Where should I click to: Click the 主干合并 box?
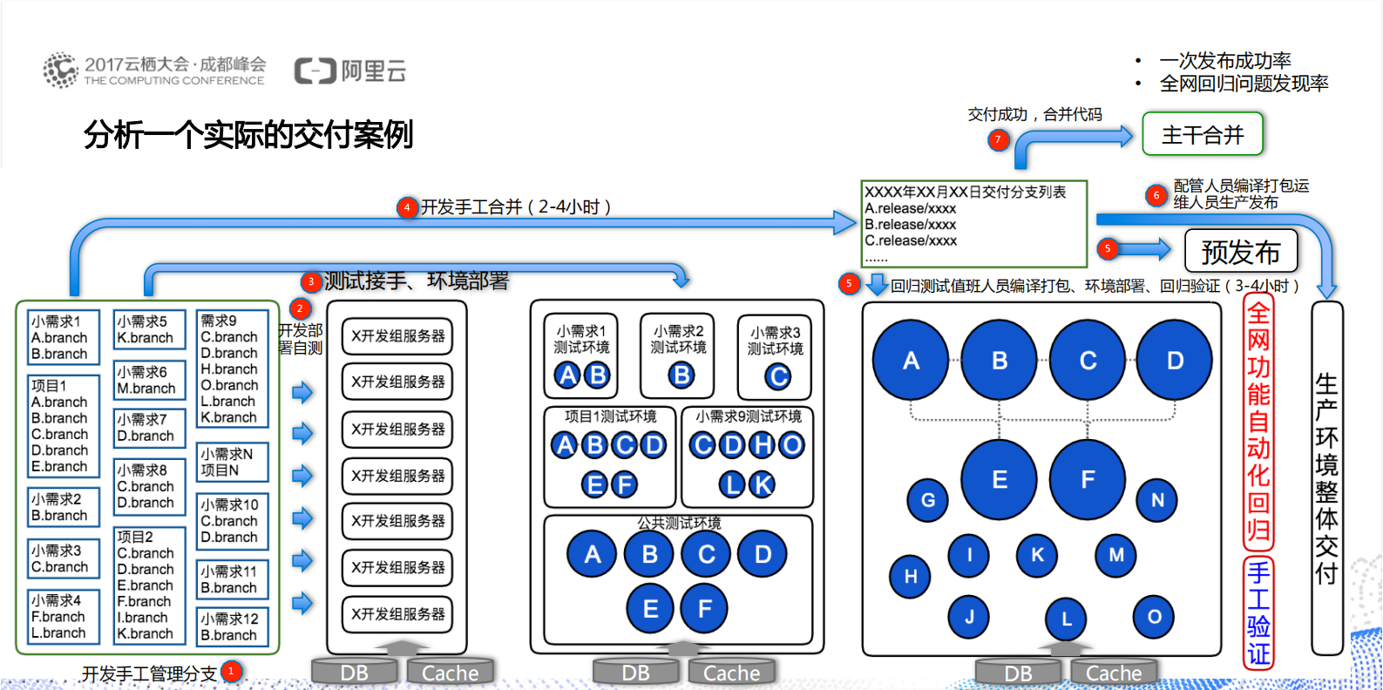point(1202,134)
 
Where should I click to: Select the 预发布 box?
point(1241,252)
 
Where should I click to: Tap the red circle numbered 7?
point(999,139)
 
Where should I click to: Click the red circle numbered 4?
point(406,207)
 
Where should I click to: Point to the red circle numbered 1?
point(231,672)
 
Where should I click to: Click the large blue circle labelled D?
point(1174,360)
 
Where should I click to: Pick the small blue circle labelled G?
point(927,500)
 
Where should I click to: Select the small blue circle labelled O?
point(1154,617)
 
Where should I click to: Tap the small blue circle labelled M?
point(1115,555)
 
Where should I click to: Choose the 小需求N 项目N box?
point(233,462)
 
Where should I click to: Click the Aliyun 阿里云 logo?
point(350,71)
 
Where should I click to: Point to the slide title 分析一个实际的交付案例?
point(248,135)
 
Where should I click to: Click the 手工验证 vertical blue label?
point(1258,613)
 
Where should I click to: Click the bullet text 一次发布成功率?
point(1224,61)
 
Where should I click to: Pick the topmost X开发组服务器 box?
point(397,336)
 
